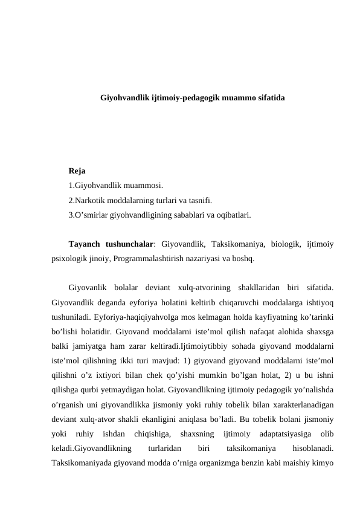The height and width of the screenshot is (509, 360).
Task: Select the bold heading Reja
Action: pos(77,171)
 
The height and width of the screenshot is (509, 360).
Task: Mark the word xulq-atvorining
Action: pos(201,287)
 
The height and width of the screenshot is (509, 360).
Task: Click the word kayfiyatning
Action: pos(263,316)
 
